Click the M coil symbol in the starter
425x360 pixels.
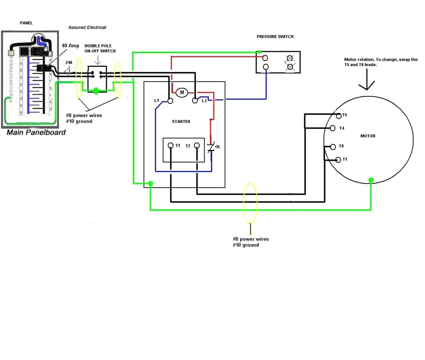181,93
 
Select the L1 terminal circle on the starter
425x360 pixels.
170,100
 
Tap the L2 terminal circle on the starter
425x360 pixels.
195,100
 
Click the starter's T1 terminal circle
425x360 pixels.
170,146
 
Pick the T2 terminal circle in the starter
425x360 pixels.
197,146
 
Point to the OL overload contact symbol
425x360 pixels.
211,147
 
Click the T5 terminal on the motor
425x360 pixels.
339,115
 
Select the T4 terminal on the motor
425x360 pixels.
333,128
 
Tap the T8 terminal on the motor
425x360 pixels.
333,146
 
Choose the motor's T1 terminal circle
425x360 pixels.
338,159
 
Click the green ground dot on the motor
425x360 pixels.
371,180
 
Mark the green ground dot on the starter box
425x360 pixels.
151,183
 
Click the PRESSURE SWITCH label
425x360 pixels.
275,37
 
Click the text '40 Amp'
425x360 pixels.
70,46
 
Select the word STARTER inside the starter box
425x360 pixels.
181,122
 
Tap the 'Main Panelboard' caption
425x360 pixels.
36,132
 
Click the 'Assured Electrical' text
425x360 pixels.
87,27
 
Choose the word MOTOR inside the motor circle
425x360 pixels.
368,136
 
